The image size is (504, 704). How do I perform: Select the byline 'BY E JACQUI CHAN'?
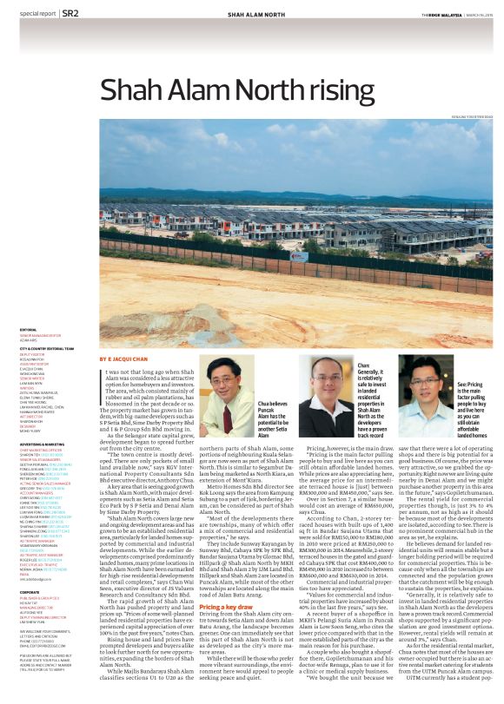(x=123, y=358)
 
